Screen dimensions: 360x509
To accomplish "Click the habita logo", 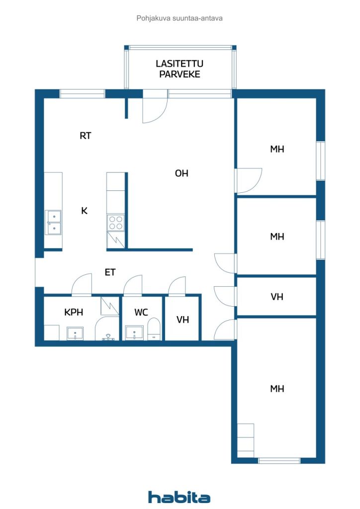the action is (179, 497).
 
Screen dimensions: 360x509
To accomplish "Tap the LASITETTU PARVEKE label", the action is (180, 69).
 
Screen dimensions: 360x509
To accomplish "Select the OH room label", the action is (181, 173).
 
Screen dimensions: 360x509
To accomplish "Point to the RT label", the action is (86, 135).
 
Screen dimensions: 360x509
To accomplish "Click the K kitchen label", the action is (84, 211).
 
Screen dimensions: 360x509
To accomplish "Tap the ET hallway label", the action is (110, 272).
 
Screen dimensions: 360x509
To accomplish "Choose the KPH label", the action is (74, 312).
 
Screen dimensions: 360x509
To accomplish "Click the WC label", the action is (141, 312).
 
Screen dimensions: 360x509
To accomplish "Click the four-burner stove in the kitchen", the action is (116, 222).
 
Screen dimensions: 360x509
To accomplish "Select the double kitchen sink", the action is (53, 222).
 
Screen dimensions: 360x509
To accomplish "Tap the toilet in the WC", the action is (154, 329).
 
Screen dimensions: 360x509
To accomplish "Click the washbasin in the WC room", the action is (134, 333).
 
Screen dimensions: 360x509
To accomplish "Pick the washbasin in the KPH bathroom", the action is (75, 334).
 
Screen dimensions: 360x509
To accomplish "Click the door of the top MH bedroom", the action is (249, 180).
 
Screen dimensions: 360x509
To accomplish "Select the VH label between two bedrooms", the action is (277, 297).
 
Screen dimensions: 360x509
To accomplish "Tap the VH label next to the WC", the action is (183, 320).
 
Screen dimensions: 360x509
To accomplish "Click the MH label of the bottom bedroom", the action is (277, 389).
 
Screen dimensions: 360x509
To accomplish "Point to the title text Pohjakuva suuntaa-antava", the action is (180, 18).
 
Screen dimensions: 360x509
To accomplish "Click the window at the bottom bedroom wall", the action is (279, 460).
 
